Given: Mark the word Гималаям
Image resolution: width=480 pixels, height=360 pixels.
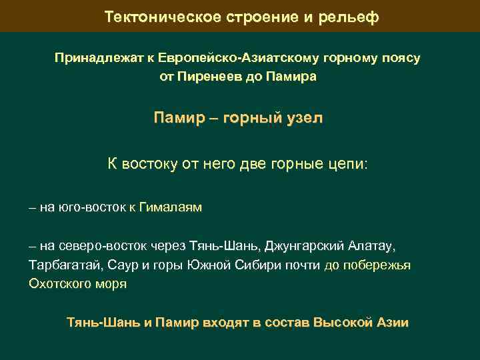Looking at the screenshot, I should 171,208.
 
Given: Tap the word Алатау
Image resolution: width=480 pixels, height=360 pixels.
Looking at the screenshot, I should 373,247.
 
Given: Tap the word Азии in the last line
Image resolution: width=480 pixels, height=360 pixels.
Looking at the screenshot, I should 391,323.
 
